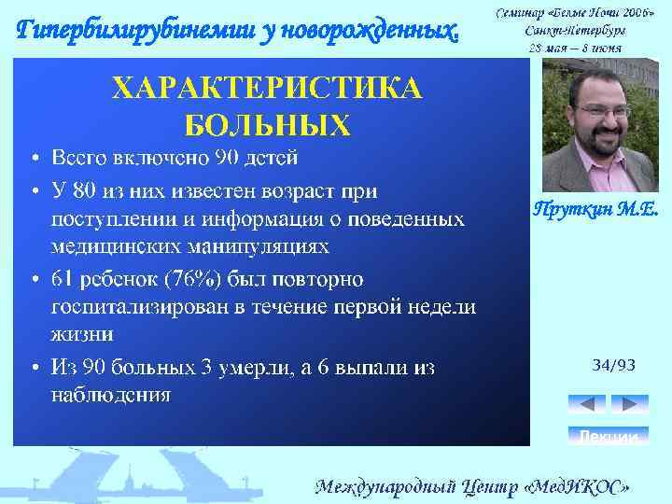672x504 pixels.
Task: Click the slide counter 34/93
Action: [x=613, y=365]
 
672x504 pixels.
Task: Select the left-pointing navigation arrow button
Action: [x=586, y=404]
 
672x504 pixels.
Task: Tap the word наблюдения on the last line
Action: [x=109, y=394]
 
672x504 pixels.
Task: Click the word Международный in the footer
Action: [x=382, y=486]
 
